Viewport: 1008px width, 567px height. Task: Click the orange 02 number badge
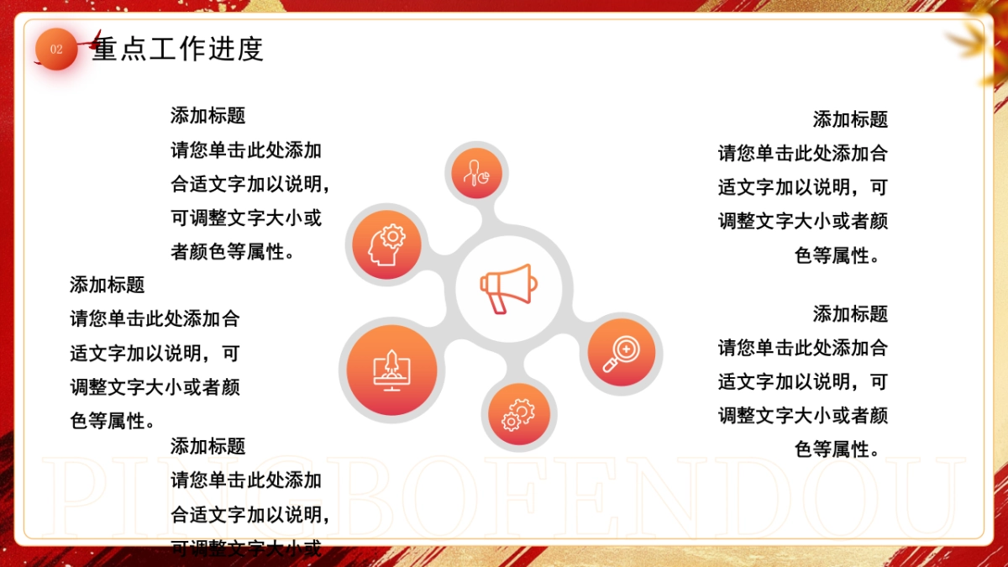click(56, 50)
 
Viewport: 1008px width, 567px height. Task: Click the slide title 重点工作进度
click(178, 49)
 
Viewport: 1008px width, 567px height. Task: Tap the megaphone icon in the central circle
click(507, 288)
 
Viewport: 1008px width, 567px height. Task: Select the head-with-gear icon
click(386, 244)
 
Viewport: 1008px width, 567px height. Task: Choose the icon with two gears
click(518, 415)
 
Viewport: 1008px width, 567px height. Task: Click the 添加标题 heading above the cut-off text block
click(207, 446)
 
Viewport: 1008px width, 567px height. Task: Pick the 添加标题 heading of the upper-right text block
click(850, 119)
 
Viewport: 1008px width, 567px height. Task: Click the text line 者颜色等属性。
click(234, 252)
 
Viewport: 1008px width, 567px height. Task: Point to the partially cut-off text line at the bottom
click(246, 549)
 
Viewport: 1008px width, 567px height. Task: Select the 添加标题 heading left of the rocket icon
click(107, 285)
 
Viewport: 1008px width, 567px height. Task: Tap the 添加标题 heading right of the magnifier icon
click(850, 314)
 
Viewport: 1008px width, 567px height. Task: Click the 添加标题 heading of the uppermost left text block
click(207, 115)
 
